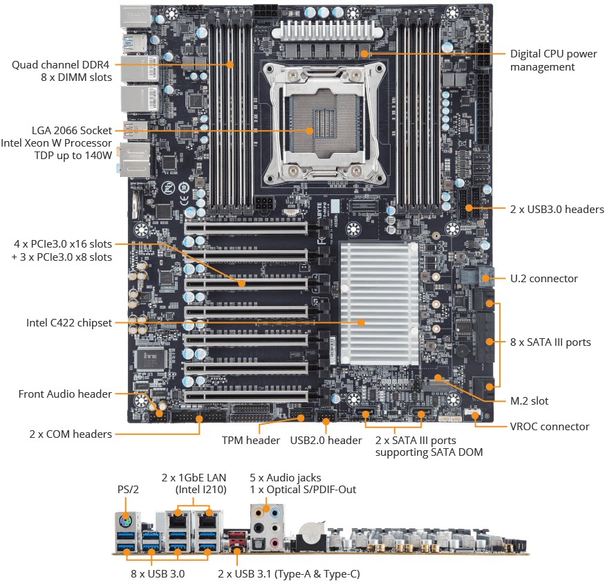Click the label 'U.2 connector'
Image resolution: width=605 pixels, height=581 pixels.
point(543,278)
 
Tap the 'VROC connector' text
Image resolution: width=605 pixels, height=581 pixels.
point(550,426)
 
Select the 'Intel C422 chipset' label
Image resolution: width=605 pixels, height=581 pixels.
point(69,322)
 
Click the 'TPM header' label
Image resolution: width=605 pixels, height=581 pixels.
point(251,440)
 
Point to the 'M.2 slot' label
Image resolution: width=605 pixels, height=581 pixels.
point(529,400)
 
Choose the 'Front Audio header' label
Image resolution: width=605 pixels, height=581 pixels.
point(65,394)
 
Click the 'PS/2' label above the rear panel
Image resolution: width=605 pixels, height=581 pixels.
point(128,489)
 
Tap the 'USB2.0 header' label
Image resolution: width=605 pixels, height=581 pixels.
point(326,440)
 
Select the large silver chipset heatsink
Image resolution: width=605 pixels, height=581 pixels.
point(379,304)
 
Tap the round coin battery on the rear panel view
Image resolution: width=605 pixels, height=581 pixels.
point(310,533)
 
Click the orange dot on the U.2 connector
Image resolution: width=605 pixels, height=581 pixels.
point(486,278)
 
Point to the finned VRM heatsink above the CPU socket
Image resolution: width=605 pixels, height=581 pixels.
point(327,31)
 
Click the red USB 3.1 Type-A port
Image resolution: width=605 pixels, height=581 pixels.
point(237,537)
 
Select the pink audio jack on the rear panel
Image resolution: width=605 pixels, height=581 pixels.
point(274,543)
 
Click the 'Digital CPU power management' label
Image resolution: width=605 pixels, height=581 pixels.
point(553,60)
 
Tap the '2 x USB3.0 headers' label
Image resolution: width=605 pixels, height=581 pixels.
point(557,210)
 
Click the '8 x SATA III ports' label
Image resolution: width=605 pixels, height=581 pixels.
point(550,342)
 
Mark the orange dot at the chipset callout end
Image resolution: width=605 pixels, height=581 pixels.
point(362,322)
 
